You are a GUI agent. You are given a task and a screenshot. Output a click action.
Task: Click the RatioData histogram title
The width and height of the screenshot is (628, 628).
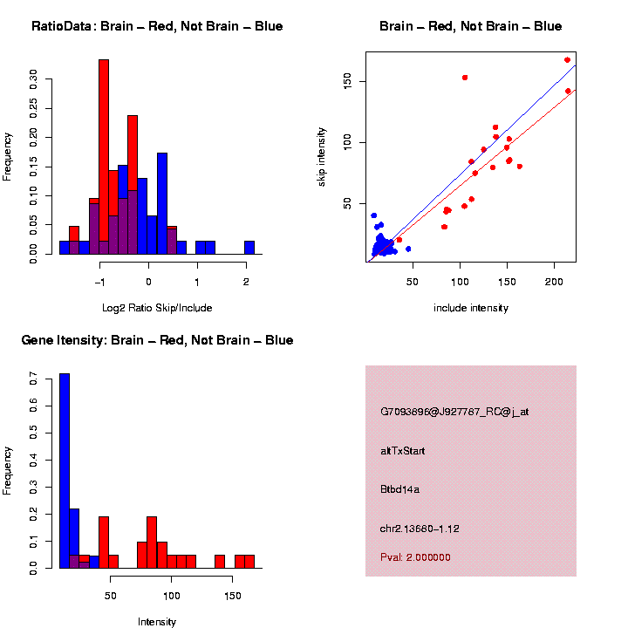157,27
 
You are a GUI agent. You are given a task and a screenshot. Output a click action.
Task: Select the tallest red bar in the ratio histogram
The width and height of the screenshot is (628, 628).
104,157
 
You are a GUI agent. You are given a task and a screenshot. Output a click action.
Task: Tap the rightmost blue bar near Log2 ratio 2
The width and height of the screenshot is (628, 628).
249,247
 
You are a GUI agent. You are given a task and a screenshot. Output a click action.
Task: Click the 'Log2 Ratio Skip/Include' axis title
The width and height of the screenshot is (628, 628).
157,308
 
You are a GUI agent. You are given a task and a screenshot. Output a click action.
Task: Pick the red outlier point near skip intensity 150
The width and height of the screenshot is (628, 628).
465,78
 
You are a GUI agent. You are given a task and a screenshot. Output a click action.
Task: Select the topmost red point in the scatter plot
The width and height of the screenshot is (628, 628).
567,60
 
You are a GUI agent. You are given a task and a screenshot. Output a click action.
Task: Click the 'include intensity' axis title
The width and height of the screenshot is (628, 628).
471,308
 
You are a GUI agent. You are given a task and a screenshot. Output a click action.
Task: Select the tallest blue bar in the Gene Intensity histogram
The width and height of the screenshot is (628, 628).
65,471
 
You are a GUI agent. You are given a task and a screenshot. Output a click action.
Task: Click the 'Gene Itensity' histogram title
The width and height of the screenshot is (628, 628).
157,340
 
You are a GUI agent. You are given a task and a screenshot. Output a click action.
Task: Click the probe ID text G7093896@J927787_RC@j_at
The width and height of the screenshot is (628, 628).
454,412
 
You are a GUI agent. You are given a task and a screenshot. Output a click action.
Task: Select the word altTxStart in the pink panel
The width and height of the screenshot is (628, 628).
402,451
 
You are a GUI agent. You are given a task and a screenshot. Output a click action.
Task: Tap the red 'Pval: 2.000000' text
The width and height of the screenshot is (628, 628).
415,557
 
